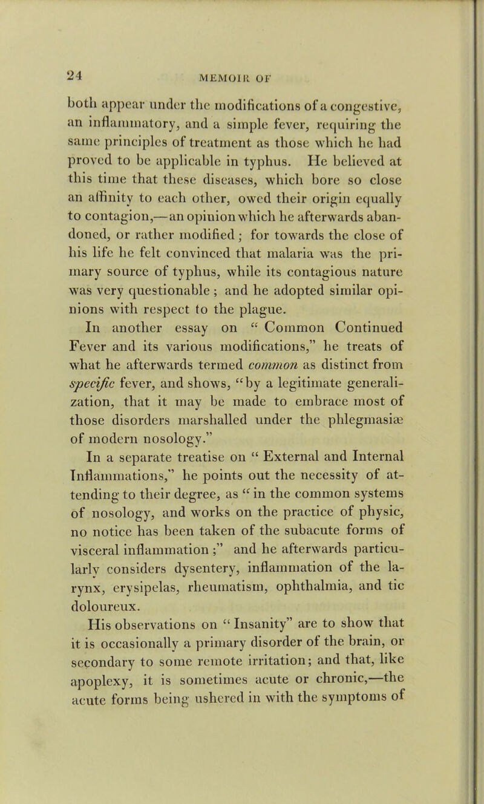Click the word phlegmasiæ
tap(369, 404)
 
